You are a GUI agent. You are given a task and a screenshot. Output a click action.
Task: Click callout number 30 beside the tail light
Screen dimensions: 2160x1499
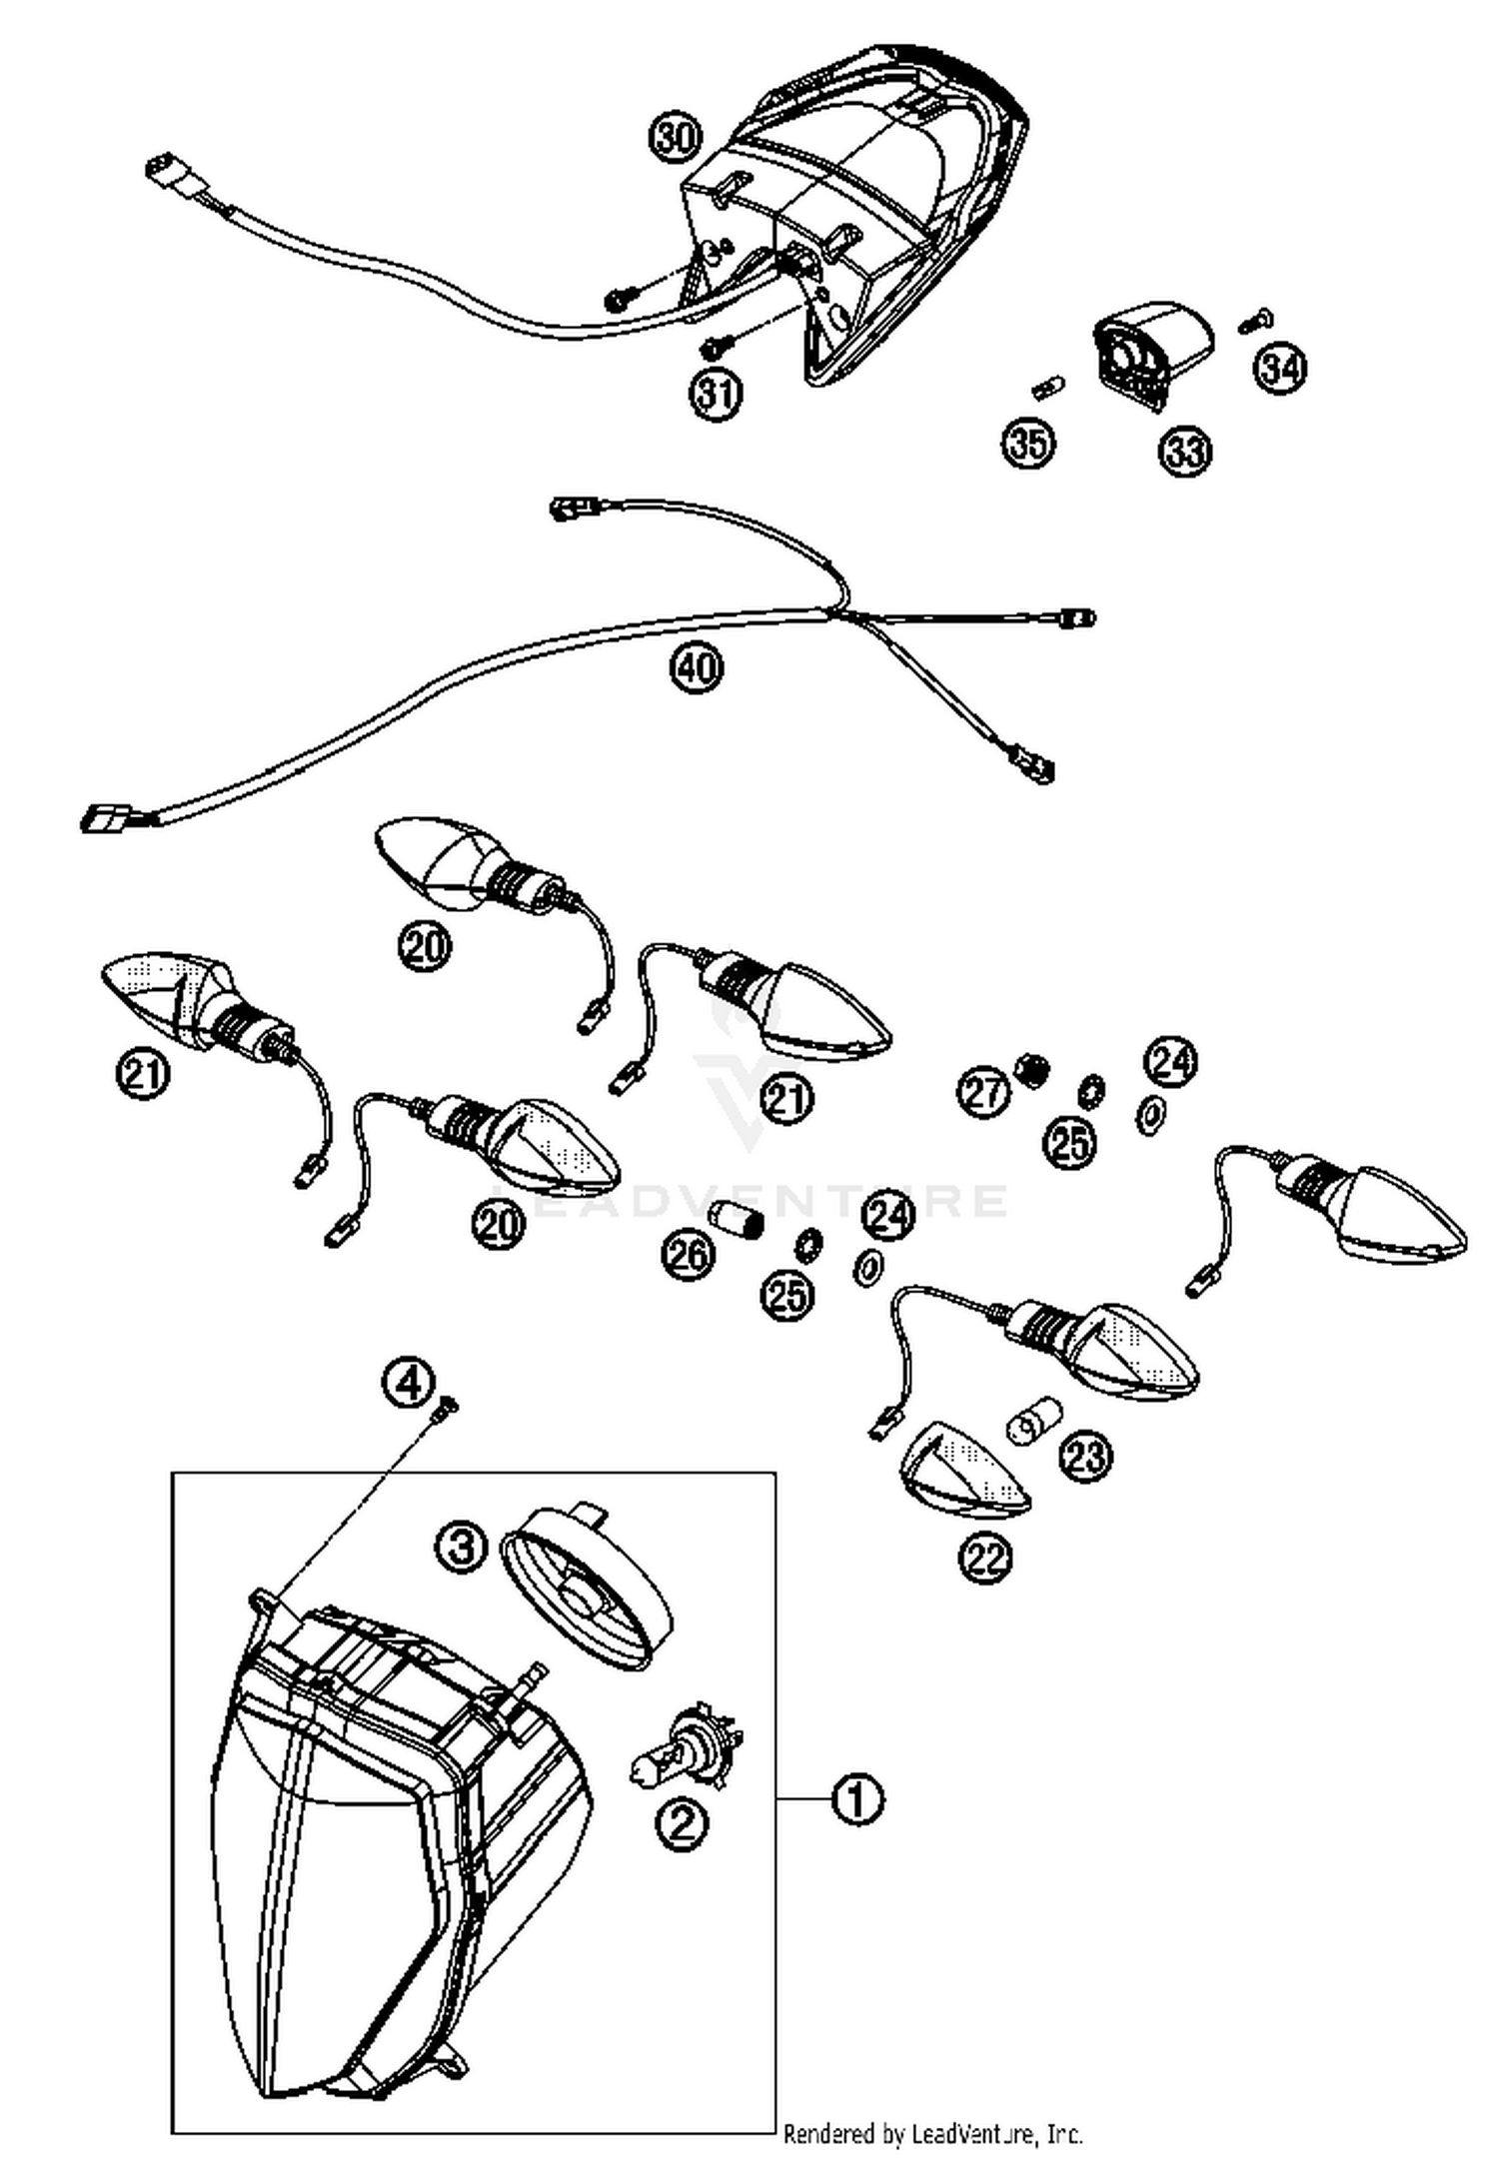pos(676,136)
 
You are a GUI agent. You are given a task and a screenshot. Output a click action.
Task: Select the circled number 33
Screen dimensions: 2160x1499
pos(1184,451)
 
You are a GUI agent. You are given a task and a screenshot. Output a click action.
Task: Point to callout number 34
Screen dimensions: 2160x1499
pos(1281,368)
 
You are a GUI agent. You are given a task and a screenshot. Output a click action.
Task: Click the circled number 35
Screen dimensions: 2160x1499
pos(1028,442)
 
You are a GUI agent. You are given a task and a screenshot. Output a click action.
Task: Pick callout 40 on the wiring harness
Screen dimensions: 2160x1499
pos(697,665)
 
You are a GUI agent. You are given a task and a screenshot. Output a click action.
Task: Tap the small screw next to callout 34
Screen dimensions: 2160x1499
pos(1254,322)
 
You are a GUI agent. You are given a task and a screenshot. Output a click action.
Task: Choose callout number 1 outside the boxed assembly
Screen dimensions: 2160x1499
pos(858,1798)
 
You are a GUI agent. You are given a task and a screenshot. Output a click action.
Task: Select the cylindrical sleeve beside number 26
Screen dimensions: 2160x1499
pos(737,1220)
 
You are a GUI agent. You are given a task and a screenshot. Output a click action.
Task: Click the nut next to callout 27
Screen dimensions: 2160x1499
pos(1030,1070)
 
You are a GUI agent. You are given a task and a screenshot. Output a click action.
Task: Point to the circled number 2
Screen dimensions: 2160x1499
pos(682,1824)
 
